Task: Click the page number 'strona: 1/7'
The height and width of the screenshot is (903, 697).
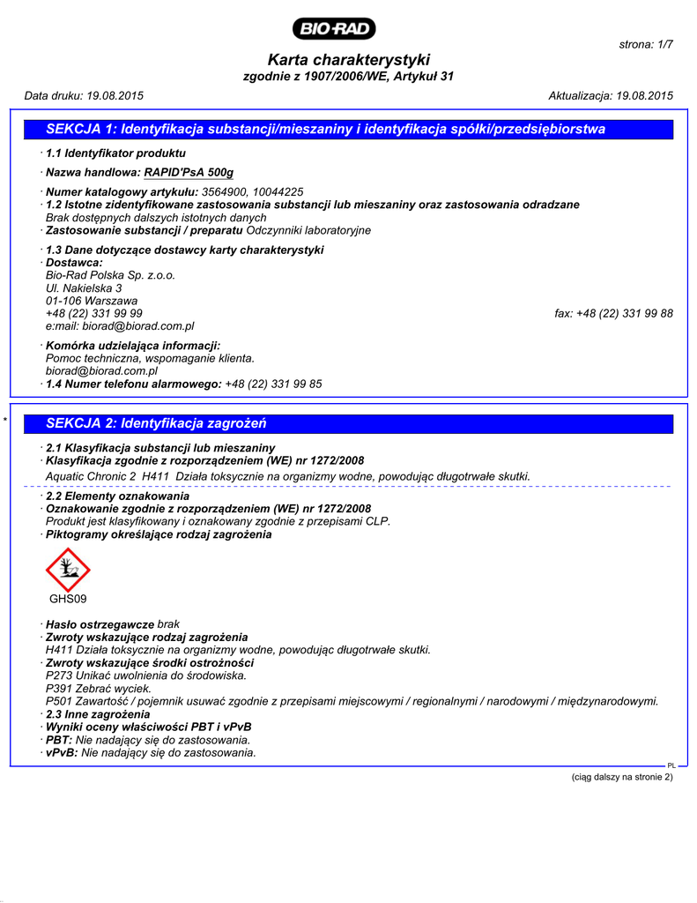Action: (x=646, y=44)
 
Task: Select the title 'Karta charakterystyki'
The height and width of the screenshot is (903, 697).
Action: (x=348, y=60)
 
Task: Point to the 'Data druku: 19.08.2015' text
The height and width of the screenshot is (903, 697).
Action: (x=84, y=95)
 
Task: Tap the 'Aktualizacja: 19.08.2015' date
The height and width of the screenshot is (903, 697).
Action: (x=611, y=95)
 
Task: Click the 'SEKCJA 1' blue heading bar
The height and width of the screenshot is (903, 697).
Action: (x=348, y=130)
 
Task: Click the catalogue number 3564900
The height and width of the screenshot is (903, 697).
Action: (x=225, y=191)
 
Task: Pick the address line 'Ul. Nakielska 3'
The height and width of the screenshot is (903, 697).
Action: (x=84, y=287)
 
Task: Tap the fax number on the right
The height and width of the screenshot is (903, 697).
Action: (x=625, y=313)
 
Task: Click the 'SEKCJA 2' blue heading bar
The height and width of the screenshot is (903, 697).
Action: (x=348, y=423)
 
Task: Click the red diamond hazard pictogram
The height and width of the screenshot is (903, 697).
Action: (x=68, y=570)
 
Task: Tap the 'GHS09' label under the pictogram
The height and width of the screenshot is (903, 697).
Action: (x=68, y=600)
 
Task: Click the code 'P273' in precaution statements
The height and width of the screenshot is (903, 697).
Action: (x=59, y=675)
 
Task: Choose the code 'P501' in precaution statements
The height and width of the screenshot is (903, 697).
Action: (x=59, y=701)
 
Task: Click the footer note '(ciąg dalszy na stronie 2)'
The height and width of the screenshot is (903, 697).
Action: (x=622, y=777)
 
